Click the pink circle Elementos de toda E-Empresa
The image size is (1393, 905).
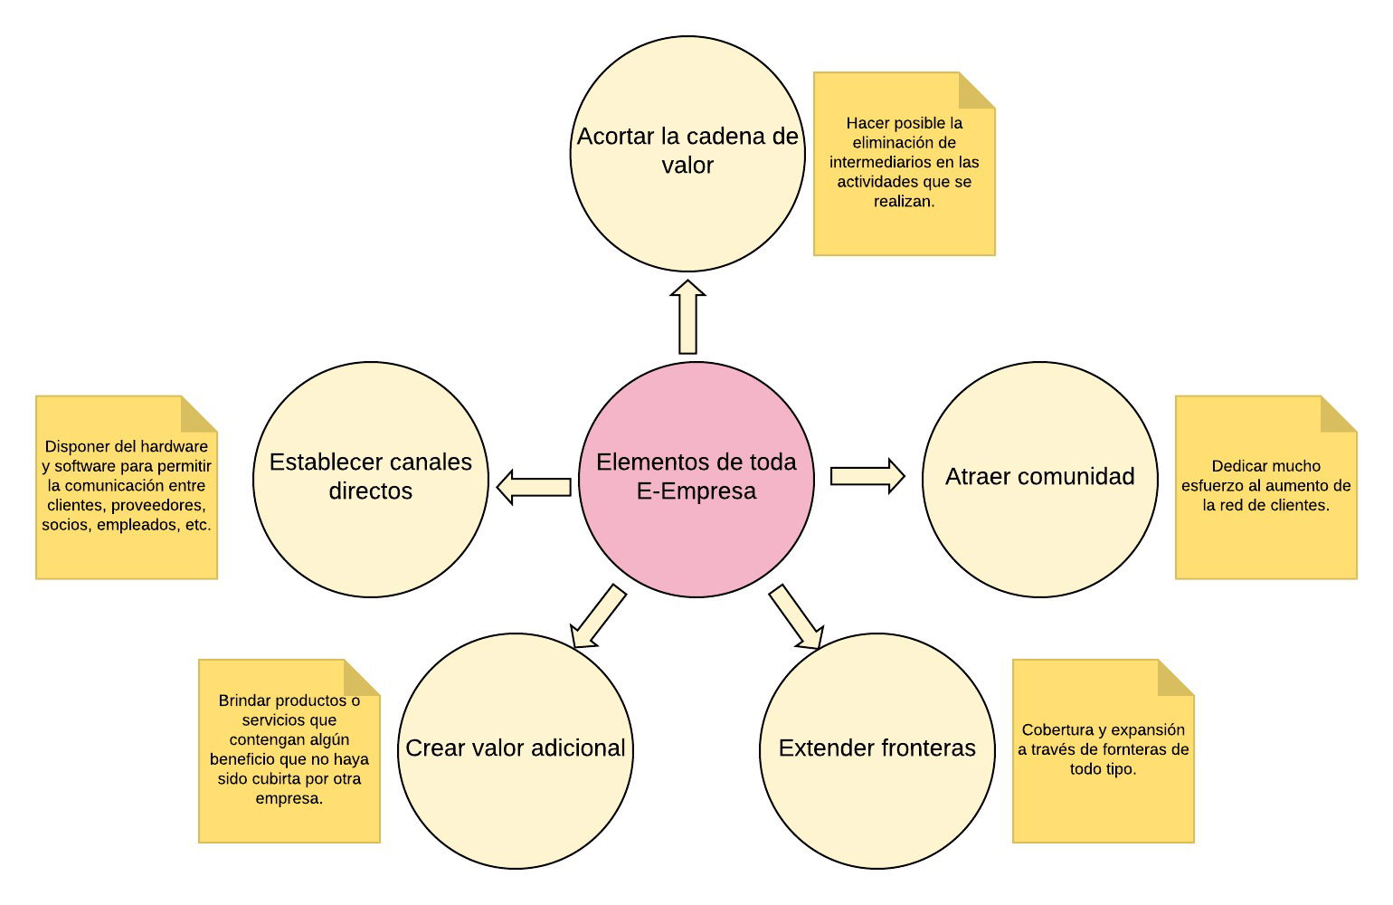click(x=696, y=480)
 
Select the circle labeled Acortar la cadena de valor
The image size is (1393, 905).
click(x=687, y=154)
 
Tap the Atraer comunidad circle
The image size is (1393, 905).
click(x=1040, y=480)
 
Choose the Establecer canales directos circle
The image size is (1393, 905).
click(x=371, y=480)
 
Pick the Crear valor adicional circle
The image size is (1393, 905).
click(x=516, y=751)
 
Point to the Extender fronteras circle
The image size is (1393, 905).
click(x=877, y=751)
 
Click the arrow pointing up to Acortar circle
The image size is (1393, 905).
click(x=687, y=318)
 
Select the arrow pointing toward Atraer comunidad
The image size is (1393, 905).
click(x=867, y=476)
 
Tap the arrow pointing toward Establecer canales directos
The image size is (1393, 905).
click(x=534, y=487)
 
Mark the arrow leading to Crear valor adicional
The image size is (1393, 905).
click(x=598, y=616)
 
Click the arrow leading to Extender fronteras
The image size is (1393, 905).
click(x=797, y=616)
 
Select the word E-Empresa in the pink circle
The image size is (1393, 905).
click(x=696, y=491)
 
